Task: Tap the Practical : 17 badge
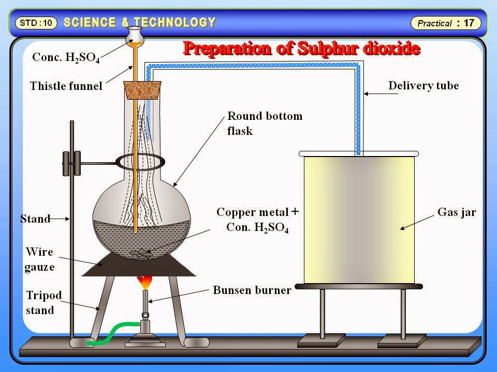click(446, 23)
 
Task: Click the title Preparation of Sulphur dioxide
click(301, 49)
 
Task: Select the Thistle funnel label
click(66, 86)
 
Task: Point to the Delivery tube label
click(423, 85)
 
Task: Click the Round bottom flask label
click(265, 123)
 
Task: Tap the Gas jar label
click(457, 211)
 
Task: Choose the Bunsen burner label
click(252, 290)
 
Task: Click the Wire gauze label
click(40, 260)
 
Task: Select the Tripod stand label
click(44, 303)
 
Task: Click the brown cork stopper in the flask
click(141, 91)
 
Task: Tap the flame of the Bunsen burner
click(144, 283)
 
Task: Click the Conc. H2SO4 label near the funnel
click(66, 57)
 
